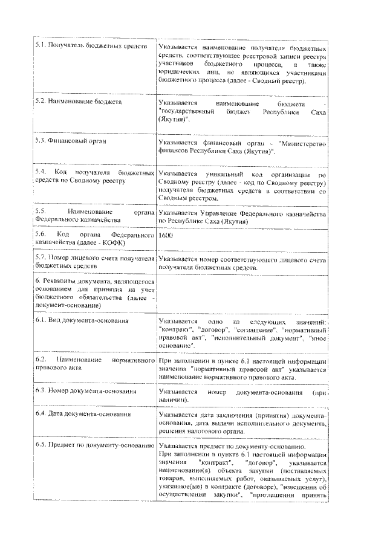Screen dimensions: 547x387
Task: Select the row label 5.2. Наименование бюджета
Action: pos(79,102)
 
